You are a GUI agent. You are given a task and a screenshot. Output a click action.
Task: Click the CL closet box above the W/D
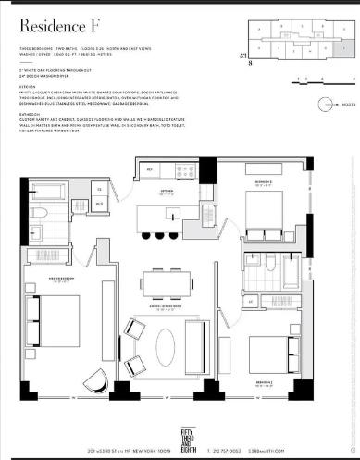tap(101, 189)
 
